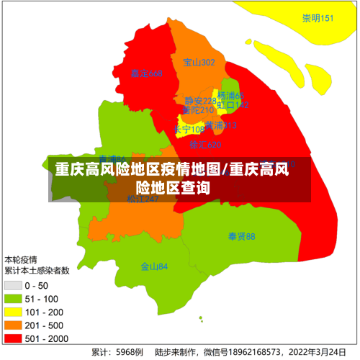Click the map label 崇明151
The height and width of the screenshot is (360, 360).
(318, 19)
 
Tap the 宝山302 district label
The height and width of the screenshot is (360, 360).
(199, 63)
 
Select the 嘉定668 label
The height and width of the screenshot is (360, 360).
(147, 74)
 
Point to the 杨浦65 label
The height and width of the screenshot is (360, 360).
(231, 96)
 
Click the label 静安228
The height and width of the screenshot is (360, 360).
(199, 101)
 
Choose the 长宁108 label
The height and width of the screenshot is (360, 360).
(189, 130)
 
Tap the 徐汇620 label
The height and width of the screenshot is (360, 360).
(205, 145)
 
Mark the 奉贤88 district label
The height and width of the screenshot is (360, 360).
(242, 236)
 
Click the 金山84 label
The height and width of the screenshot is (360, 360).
(154, 266)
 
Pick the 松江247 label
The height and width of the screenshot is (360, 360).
(143, 199)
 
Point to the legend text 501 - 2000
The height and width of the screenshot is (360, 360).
(45, 338)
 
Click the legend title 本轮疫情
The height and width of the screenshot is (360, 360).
(22, 259)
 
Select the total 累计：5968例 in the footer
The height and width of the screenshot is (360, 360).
(117, 353)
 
